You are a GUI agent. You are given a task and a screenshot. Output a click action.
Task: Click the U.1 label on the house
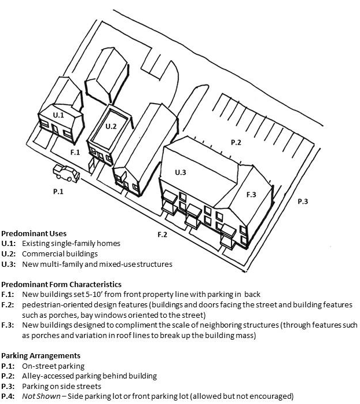click(58, 116)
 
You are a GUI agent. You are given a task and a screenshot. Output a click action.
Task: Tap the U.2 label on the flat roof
click(111, 126)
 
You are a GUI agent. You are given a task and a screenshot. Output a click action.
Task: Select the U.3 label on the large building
click(181, 172)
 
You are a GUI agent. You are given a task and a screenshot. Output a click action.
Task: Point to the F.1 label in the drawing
click(75, 152)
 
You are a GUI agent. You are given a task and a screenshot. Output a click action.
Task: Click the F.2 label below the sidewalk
click(163, 234)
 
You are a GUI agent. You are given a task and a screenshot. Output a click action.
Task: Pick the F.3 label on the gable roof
click(251, 194)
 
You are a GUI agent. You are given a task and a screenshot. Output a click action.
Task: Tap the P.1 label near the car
click(58, 191)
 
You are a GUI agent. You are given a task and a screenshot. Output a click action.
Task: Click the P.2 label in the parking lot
click(236, 142)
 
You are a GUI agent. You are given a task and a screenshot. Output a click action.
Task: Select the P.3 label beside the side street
click(303, 201)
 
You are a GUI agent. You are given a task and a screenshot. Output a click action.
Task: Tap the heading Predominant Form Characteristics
click(61, 284)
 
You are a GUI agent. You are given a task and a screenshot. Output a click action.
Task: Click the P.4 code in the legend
click(8, 396)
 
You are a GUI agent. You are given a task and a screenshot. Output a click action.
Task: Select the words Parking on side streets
click(63, 385)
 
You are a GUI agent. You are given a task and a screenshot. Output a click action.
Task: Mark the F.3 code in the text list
click(8, 325)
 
